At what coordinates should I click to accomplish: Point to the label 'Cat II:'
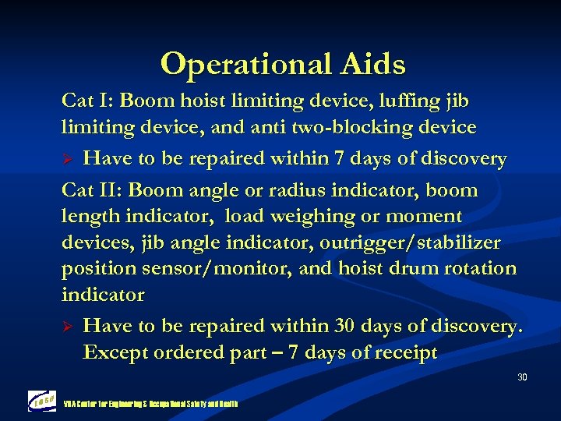tap(92, 190)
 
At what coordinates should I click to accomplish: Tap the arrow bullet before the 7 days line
tap(68, 160)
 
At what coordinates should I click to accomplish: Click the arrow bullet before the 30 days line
tap(68, 327)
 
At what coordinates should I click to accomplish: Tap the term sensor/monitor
tap(206, 268)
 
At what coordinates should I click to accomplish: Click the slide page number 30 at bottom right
tap(522, 378)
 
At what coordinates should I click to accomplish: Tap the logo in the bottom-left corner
tap(42, 401)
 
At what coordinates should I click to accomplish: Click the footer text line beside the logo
tap(150, 404)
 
